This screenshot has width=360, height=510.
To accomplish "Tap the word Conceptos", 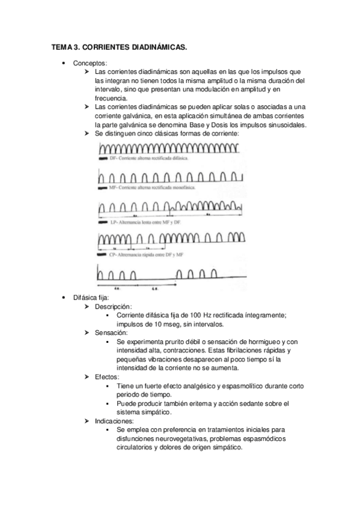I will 90,63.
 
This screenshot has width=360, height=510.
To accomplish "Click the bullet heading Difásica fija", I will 91,298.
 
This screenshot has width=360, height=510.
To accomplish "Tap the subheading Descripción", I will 113,307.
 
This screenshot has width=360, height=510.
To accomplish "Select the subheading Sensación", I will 112,333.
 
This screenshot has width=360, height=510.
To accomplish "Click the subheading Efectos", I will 108,376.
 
